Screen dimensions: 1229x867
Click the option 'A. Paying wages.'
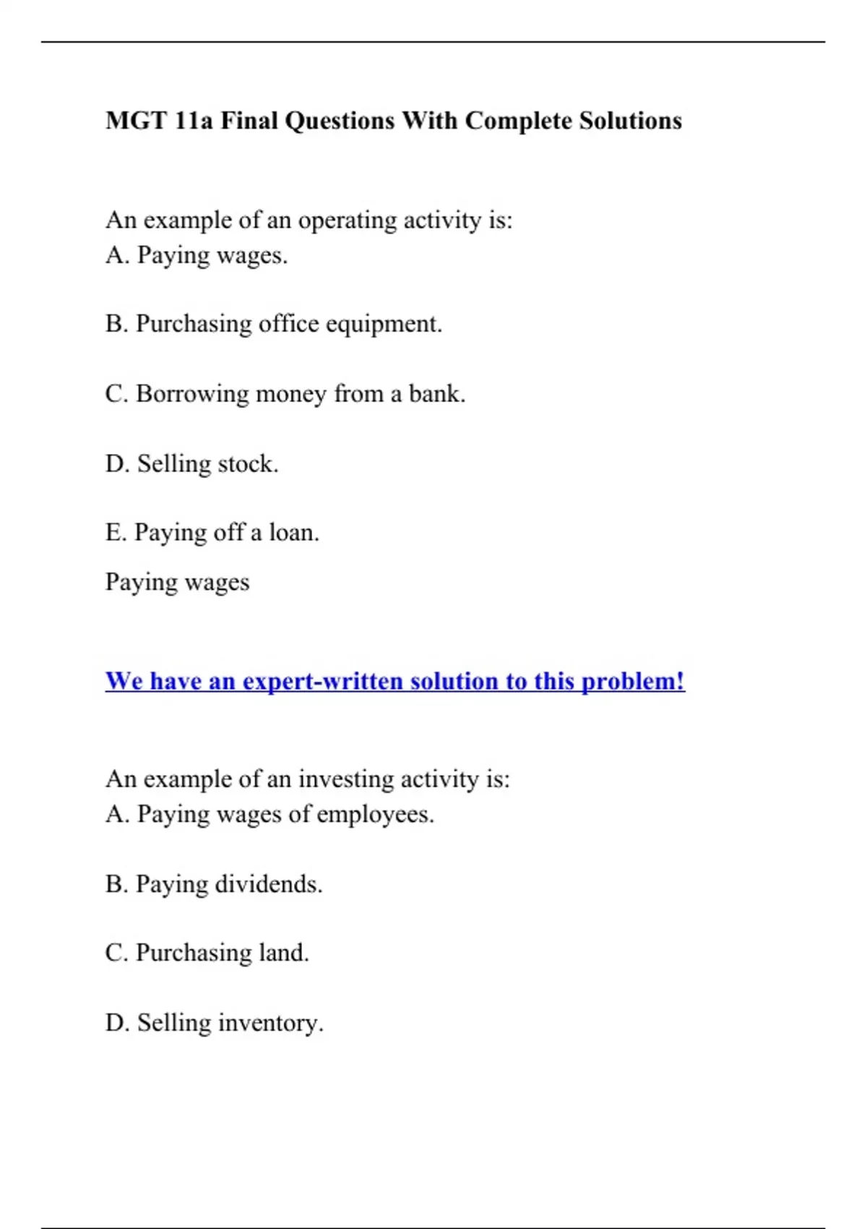[x=197, y=255]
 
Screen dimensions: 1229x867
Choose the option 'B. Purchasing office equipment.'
[x=273, y=324]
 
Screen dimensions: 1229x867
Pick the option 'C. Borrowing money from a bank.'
[x=285, y=394]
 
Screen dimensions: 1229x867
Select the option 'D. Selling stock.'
[x=191, y=463]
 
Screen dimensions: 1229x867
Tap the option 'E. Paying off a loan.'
[x=212, y=533]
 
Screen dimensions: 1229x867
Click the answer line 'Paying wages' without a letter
[x=177, y=582]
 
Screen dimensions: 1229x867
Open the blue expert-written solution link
[x=394, y=681]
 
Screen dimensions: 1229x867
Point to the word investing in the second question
[x=345, y=779]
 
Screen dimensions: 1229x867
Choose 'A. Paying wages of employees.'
[x=269, y=815]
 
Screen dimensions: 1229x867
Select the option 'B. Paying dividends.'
[x=214, y=884]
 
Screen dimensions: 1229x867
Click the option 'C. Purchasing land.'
[x=207, y=953]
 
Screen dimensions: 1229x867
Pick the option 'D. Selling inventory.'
[x=214, y=1023]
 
